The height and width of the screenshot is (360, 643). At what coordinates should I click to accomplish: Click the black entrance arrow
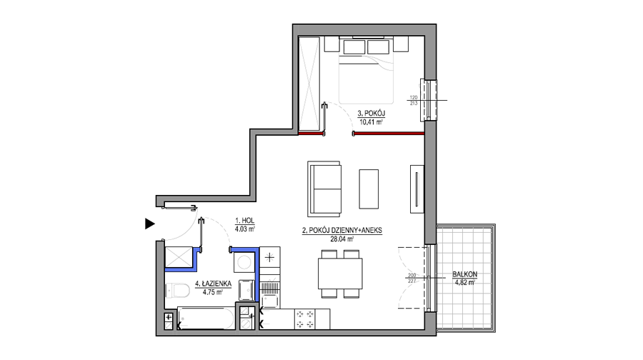(150, 224)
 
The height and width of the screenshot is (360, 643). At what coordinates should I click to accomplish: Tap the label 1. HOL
(245, 221)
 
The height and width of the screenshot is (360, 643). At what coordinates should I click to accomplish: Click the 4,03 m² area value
(245, 229)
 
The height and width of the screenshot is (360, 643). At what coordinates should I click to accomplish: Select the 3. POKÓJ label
(371, 113)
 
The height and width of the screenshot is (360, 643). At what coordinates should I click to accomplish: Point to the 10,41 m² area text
(371, 121)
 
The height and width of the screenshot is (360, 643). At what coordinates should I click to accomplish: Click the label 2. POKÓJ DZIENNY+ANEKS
(342, 231)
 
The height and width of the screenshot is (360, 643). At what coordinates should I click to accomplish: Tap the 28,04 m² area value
(342, 239)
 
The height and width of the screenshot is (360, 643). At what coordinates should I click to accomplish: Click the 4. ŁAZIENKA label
(213, 284)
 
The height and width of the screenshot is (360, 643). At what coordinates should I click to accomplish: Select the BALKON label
(464, 274)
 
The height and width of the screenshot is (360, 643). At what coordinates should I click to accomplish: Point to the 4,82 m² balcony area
(464, 282)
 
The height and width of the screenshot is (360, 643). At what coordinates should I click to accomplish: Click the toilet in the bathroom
(177, 291)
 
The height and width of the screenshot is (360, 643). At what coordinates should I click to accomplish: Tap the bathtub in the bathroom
(206, 318)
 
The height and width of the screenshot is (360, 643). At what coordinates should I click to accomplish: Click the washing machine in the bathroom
(244, 262)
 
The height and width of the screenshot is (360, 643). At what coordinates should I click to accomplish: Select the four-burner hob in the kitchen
(305, 319)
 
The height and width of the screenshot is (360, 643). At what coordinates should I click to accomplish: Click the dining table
(340, 274)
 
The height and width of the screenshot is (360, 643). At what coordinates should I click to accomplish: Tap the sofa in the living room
(324, 189)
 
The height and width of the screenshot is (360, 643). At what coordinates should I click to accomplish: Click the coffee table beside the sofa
(369, 189)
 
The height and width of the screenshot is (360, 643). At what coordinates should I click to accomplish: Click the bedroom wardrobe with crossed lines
(309, 84)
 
